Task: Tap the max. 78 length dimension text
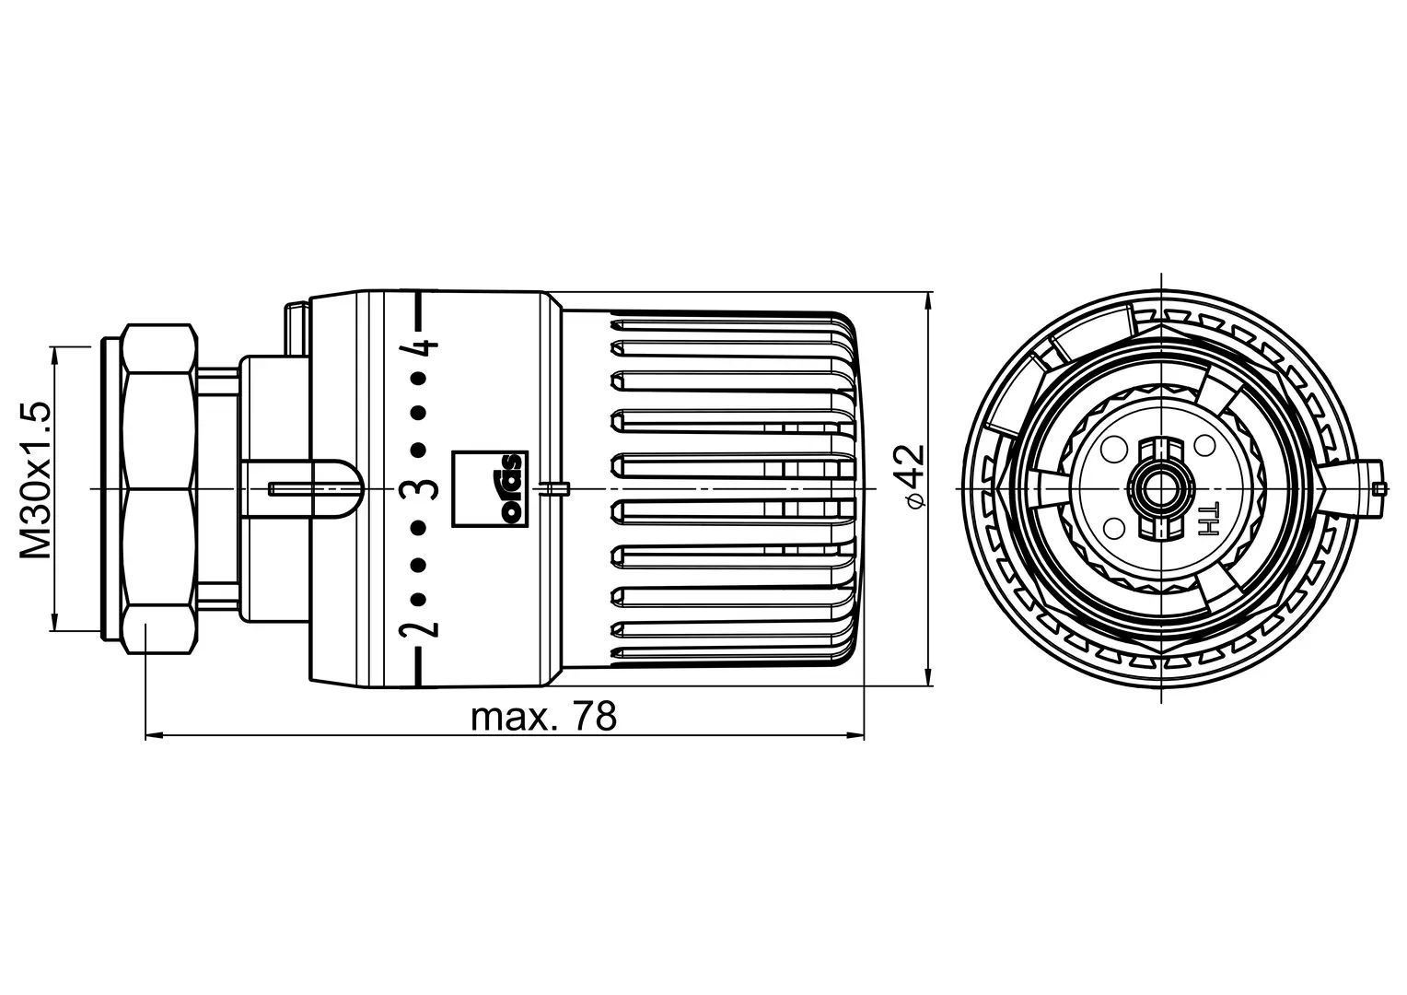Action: click(544, 716)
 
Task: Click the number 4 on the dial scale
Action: click(419, 346)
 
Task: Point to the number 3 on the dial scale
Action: click(419, 488)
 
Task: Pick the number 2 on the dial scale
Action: click(419, 628)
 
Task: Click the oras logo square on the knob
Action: click(490, 488)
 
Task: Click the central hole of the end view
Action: click(1161, 488)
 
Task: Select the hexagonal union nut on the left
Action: click(159, 488)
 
